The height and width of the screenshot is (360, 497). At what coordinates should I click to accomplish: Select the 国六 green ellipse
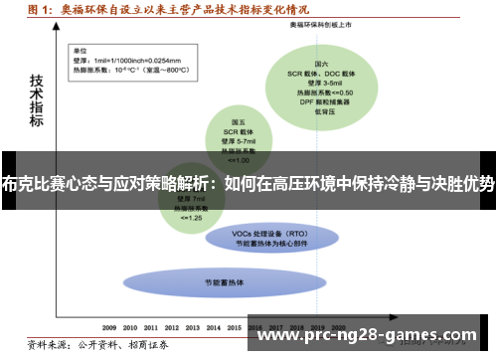(x=332, y=85)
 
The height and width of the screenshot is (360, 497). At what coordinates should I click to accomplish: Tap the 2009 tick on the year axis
(x=110, y=325)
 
